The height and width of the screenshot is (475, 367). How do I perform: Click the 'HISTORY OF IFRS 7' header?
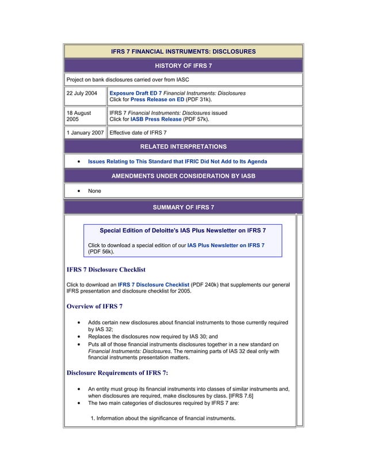pyautogui.click(x=183, y=66)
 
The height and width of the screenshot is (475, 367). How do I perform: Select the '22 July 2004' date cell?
pyautogui.click(x=82, y=93)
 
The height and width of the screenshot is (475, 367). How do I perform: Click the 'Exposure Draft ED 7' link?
pyautogui.click(x=135, y=93)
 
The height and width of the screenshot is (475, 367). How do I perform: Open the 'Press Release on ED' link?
pyautogui.click(x=157, y=99)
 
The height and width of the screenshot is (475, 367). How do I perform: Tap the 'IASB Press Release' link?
pyautogui.click(x=156, y=120)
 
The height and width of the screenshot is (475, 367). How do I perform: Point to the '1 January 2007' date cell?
pyautogui.click(x=85, y=133)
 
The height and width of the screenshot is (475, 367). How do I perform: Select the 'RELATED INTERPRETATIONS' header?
pyautogui.click(x=183, y=147)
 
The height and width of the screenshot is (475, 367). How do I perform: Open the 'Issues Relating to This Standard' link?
pyautogui.click(x=177, y=162)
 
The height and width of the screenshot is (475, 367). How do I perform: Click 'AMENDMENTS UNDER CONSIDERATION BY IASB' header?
pyautogui.click(x=183, y=175)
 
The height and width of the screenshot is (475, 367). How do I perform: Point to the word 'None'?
pyautogui.click(x=94, y=191)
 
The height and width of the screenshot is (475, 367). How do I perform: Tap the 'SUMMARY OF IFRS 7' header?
pyautogui.click(x=183, y=206)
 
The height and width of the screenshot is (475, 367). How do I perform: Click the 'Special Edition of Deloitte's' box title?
pyautogui.click(x=183, y=231)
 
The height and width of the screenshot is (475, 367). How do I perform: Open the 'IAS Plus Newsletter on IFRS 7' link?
pyautogui.click(x=225, y=245)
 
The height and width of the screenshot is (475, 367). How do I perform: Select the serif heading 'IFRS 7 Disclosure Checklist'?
pyautogui.click(x=106, y=269)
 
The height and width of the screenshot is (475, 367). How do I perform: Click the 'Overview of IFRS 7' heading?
pyautogui.click(x=94, y=306)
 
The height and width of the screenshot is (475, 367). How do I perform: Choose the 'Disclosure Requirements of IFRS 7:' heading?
pyautogui.click(x=117, y=373)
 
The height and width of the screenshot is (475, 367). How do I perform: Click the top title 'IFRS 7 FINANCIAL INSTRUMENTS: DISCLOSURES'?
pyautogui.click(x=183, y=52)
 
